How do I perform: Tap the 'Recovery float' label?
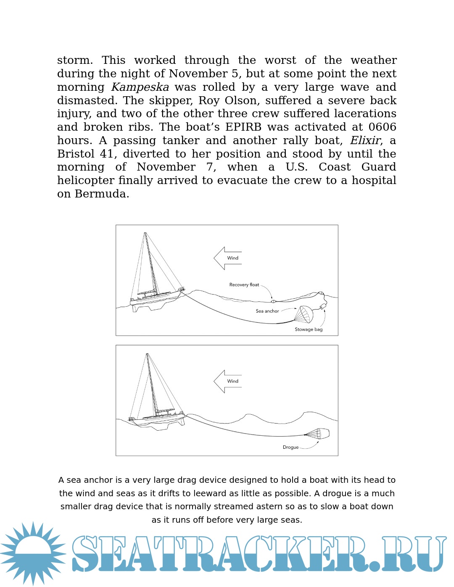244,285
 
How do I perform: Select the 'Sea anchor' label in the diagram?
267,311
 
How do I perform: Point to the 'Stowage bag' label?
309,329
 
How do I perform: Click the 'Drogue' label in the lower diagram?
290,447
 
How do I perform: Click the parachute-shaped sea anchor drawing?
304,314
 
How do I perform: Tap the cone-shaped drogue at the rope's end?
319,433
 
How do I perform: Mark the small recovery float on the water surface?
273,301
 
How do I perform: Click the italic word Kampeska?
140,87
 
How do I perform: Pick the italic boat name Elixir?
366,140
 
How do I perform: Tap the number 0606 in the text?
382,127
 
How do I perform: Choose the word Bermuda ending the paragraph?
102,194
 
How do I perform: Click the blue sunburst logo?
33,553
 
